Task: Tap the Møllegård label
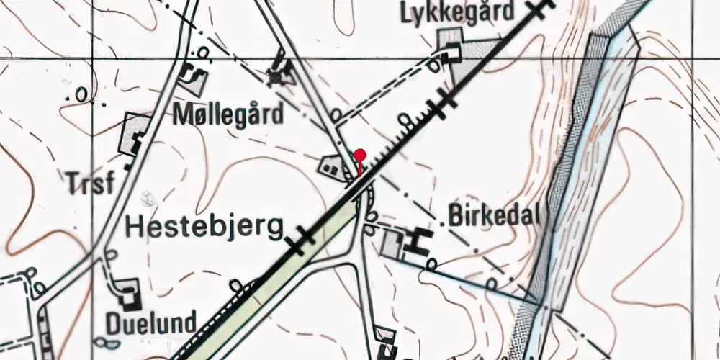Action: coord(228,114)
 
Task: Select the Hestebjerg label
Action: coord(204,228)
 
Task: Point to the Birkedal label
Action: coord(494,215)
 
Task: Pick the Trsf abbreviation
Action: coord(91,184)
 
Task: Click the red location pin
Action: coord(360,155)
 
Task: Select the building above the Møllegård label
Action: coord(193,76)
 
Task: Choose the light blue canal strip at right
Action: coord(576,180)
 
